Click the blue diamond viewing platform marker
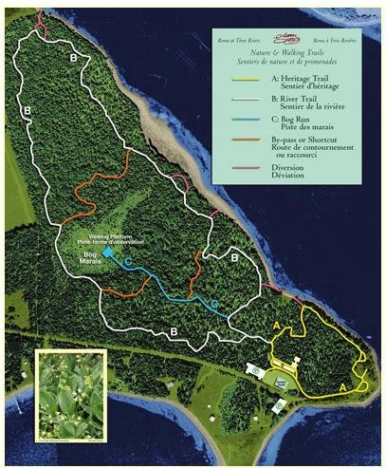point(108,253)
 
